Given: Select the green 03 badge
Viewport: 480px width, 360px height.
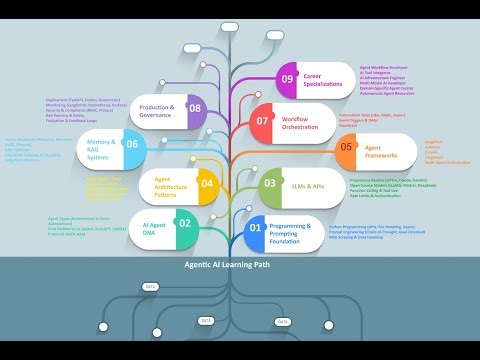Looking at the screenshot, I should tap(271, 183).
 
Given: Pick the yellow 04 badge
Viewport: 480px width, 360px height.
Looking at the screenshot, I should tap(207, 182).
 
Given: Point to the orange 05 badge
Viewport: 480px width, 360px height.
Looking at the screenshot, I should tap(346, 146).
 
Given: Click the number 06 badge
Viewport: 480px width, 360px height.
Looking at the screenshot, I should tap(159, 144).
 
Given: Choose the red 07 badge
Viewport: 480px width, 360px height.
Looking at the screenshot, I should tap(263, 120).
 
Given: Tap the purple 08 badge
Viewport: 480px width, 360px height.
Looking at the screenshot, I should tap(195, 108).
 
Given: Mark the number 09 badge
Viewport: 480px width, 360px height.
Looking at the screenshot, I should tap(287, 78).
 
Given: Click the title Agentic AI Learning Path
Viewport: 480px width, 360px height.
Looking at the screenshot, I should tap(239, 267).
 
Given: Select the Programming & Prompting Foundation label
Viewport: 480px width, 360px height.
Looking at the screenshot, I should tap(297, 233).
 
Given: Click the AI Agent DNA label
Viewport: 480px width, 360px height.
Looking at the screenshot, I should tap(155, 225).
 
